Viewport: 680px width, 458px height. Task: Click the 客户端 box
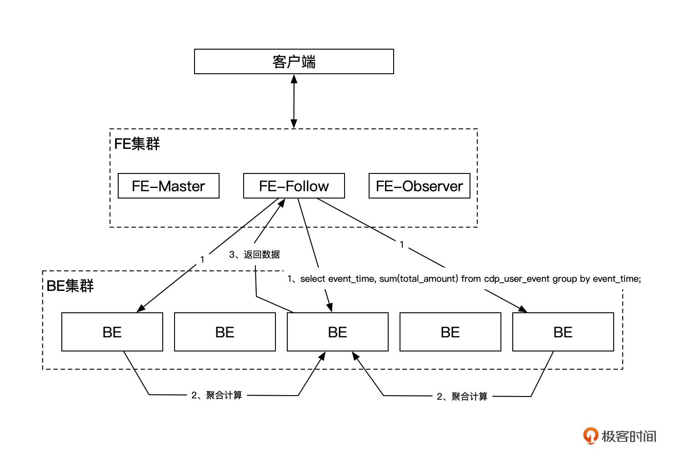294,61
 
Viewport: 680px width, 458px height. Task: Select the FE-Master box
168,186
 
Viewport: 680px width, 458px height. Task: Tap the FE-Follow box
294,186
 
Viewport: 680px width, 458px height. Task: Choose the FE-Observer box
419,186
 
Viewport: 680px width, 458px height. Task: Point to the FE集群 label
137,144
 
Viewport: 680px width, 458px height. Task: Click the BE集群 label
70,286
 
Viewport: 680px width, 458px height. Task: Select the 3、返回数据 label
255,254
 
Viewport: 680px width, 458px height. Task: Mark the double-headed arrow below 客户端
294,101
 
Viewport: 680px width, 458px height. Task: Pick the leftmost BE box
112,332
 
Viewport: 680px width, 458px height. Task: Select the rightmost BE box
563,332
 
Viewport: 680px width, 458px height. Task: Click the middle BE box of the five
337,332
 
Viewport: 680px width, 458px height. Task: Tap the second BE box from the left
225,332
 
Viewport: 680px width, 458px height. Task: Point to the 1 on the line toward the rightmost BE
402,244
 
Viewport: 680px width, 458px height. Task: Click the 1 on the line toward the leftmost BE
202,260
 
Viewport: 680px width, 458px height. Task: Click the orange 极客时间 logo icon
590,436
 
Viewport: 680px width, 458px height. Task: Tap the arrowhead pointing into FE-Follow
282,203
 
